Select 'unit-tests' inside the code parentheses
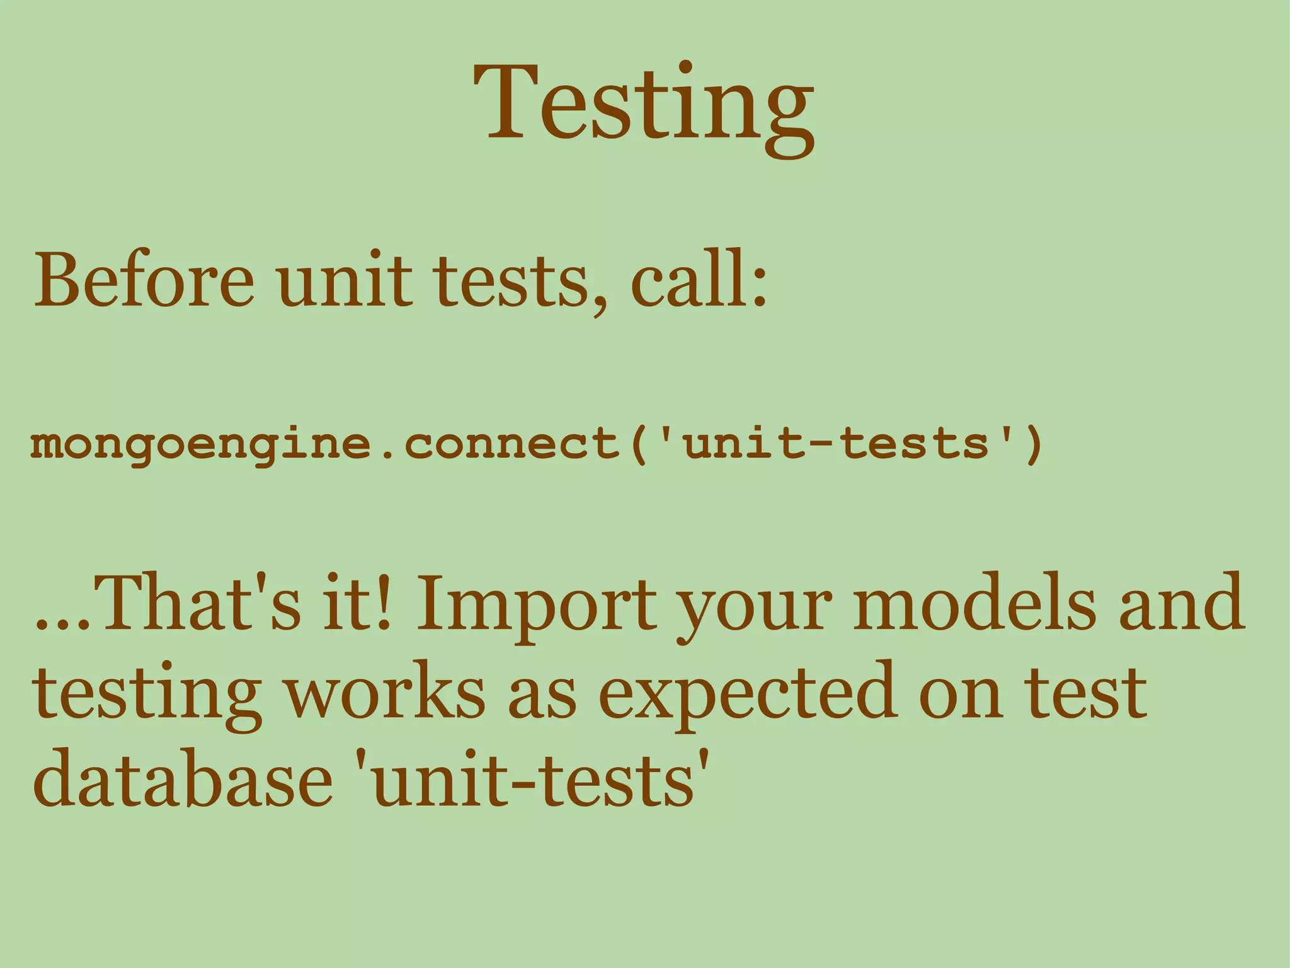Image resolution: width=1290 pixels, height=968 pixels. tap(838, 444)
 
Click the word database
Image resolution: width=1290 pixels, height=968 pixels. tap(183, 779)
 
